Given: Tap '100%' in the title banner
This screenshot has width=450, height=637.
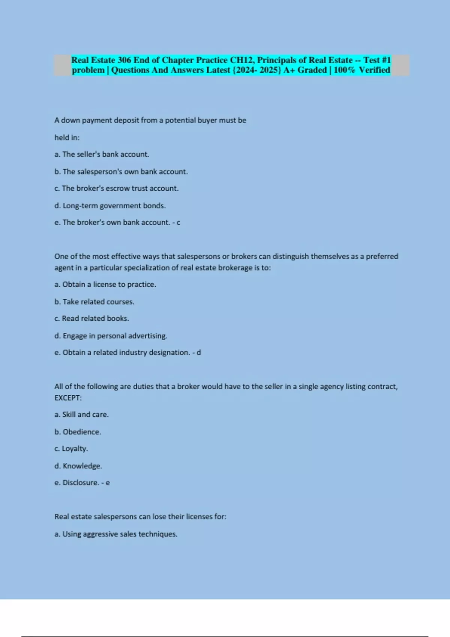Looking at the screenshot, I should (x=344, y=70).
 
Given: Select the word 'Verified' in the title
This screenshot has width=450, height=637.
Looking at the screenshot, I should (x=374, y=70).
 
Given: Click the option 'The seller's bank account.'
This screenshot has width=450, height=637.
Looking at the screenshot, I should (x=102, y=154).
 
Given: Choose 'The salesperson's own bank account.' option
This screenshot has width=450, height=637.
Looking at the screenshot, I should (x=121, y=172).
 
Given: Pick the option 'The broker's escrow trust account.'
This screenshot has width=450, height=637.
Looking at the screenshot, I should (x=116, y=188).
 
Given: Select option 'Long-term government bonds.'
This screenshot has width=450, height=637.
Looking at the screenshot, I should (x=110, y=206).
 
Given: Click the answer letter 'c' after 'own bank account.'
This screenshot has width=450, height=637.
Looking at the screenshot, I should (x=178, y=223).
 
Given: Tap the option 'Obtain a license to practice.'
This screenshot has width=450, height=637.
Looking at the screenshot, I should (x=105, y=284).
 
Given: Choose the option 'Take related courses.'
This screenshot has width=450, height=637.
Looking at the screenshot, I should (x=94, y=302).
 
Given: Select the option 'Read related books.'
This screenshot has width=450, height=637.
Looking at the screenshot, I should (x=91, y=318).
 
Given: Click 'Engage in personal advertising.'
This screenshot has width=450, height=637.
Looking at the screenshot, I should (x=111, y=336).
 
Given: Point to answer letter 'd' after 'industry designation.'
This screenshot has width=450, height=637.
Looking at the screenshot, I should (x=199, y=353).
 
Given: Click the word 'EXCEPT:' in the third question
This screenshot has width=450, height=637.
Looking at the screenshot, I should (x=68, y=398).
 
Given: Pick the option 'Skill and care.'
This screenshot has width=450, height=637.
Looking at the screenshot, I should (x=82, y=415).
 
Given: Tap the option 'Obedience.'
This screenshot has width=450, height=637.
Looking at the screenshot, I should (x=78, y=432).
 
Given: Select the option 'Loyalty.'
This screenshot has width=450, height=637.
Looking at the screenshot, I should (x=71, y=449).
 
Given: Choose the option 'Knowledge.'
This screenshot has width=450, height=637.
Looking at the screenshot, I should (x=78, y=466).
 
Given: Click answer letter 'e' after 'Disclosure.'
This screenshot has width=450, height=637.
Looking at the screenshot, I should (x=108, y=483).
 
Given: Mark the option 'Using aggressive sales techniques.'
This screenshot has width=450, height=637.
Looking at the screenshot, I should (x=116, y=534).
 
